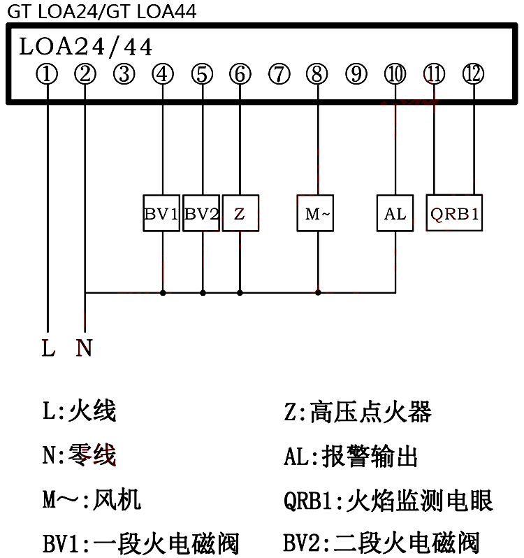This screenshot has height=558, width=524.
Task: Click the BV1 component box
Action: point(162,213)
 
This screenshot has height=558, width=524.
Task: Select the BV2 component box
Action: point(202,213)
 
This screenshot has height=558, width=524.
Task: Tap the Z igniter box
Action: point(240,213)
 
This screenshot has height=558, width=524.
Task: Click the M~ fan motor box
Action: point(316,213)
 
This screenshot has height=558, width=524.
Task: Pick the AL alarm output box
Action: point(395,213)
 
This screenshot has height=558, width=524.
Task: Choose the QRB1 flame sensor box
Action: point(454,213)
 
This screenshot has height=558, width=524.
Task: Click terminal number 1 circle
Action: point(47,73)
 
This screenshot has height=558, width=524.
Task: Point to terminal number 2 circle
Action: point(85,73)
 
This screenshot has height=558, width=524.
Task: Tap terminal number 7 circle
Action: point(279,73)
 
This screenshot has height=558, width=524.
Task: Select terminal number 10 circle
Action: point(395,73)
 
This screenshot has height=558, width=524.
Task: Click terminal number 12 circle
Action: point(473,73)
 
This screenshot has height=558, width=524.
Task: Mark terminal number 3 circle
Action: point(124,73)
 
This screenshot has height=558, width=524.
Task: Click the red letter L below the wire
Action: point(48,348)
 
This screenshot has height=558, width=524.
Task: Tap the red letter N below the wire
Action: point(85,348)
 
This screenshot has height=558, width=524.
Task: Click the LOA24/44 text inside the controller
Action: point(85,47)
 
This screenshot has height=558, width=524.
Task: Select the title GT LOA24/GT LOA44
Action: point(102,11)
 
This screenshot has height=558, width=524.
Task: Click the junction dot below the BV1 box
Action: point(163,292)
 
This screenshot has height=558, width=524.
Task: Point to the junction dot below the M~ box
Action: point(318,292)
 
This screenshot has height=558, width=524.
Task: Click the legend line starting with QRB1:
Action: point(388,501)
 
